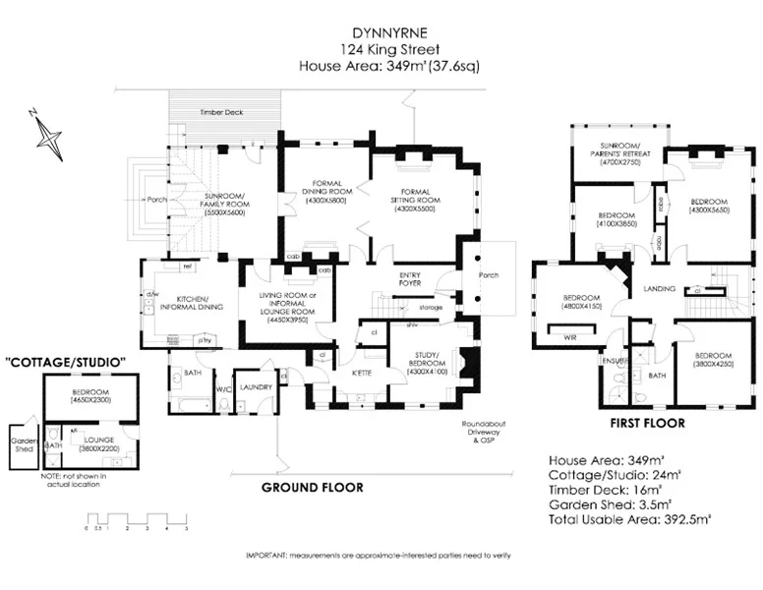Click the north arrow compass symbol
[48, 134]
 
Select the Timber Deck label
[221, 113]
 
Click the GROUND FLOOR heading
[312, 488]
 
